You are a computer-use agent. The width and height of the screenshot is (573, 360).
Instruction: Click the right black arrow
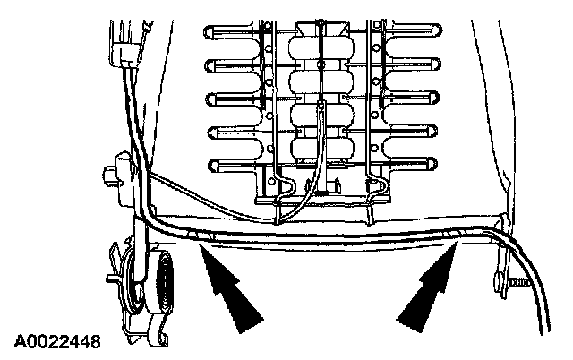tap(428, 291)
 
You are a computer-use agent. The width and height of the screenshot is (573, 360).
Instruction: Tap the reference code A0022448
tap(57, 341)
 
